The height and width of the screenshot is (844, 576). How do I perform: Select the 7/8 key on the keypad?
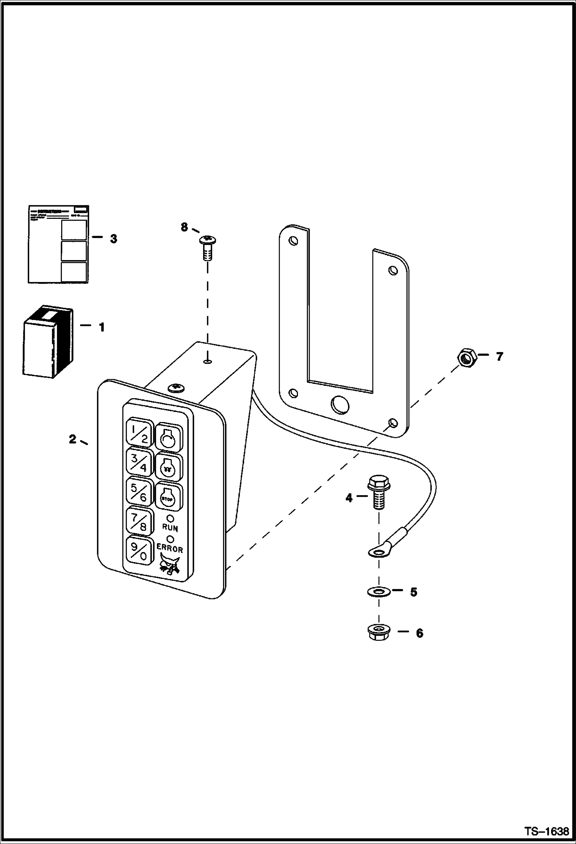pyautogui.click(x=138, y=521)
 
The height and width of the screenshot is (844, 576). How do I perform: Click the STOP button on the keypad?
pyautogui.click(x=168, y=497)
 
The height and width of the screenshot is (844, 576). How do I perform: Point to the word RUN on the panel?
pyautogui.click(x=170, y=527)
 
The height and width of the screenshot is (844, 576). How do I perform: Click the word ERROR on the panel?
pyautogui.click(x=170, y=549)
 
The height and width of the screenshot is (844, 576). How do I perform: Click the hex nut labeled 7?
pyautogui.click(x=467, y=357)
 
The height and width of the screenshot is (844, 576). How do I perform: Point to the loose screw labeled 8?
pyautogui.click(x=207, y=249)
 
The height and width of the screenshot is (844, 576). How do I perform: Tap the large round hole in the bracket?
pyautogui.click(x=340, y=404)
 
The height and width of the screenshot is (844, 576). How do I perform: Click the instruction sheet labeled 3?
pyautogui.click(x=58, y=244)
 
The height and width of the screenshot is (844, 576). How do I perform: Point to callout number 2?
pyautogui.click(x=72, y=439)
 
